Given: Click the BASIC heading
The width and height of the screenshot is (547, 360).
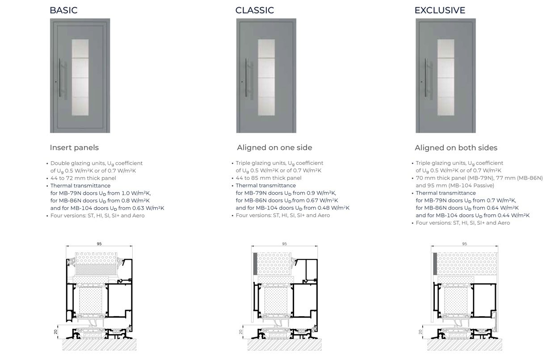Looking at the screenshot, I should (x=63, y=10).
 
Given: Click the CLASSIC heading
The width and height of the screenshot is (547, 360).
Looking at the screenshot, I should (x=254, y=10).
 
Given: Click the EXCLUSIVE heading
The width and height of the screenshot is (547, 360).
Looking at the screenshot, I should (x=440, y=10).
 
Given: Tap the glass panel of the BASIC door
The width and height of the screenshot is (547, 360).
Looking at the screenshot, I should (x=80, y=78).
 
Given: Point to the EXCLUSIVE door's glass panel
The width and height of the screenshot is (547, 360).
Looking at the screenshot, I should (x=446, y=78).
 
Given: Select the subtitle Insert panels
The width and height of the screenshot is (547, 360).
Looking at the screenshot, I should (x=74, y=147).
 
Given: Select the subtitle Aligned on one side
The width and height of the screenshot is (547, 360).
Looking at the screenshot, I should (x=274, y=147).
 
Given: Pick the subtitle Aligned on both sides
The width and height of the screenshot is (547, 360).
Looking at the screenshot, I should (x=456, y=148).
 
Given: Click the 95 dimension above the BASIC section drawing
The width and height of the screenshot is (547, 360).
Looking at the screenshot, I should (x=99, y=244).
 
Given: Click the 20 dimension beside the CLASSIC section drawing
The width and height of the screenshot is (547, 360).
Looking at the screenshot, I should (x=241, y=332).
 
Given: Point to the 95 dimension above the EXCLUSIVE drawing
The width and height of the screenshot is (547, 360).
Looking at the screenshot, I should (x=464, y=244).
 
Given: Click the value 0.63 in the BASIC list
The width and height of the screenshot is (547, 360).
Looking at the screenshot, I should (x=140, y=208).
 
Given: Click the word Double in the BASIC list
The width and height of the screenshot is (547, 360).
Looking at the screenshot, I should (x=59, y=163).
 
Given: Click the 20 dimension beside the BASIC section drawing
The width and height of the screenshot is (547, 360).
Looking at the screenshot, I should (x=55, y=332).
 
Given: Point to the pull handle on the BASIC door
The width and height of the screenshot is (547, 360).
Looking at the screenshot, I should (x=60, y=78).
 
